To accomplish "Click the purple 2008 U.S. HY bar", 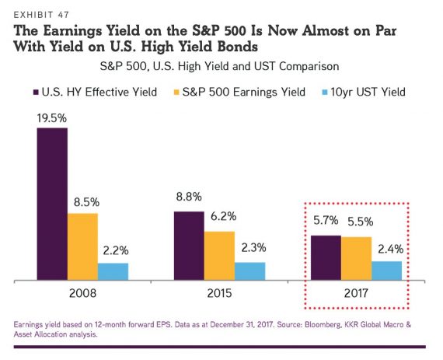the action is click(52, 204).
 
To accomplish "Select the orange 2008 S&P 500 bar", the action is click(83, 246).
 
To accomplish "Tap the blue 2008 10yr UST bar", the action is click(113, 271).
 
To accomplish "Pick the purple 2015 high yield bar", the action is click(189, 246).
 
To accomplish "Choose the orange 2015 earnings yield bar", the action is click(219, 256).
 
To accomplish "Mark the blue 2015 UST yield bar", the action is click(250, 271).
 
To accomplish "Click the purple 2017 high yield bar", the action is click(326, 257).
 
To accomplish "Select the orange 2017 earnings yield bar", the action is click(357, 259).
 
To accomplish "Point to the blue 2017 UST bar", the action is click(387, 271).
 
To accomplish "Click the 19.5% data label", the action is click(52, 118).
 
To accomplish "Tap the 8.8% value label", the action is click(189, 197).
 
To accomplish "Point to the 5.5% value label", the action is click(360, 222).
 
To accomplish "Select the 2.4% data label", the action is click(390, 249).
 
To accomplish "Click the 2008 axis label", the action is click(82, 293).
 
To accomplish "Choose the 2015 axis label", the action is click(219, 293).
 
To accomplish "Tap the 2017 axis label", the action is click(356, 293).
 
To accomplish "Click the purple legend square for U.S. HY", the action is click(36, 93).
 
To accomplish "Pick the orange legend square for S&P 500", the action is click(176, 93).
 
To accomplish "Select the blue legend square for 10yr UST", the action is click(325, 93).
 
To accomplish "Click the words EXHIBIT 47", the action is click(41, 15).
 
